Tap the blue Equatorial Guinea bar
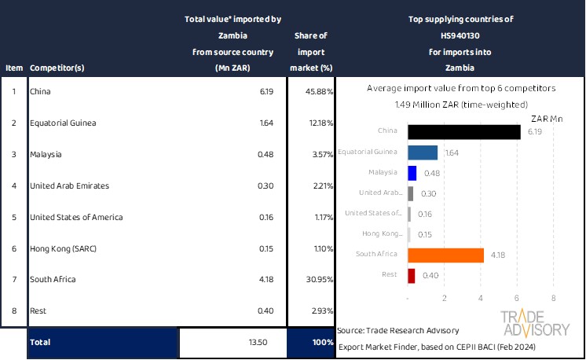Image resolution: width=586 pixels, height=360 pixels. coord(423,152)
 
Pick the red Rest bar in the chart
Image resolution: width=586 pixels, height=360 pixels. coord(412,275)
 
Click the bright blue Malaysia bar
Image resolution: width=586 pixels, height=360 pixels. coord(412,173)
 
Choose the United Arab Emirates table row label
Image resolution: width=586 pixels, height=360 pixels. coord(69,186)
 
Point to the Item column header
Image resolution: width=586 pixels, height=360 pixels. coord(13,68)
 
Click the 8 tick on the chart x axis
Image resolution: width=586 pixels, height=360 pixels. coord(554,299)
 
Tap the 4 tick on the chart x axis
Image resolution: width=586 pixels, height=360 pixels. coord(481,299)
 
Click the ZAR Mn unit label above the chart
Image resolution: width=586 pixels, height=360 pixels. coord(547,118)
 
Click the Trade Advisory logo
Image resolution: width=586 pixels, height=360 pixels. coord(536,324)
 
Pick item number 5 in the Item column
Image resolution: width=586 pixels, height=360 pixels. coord(13,217)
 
